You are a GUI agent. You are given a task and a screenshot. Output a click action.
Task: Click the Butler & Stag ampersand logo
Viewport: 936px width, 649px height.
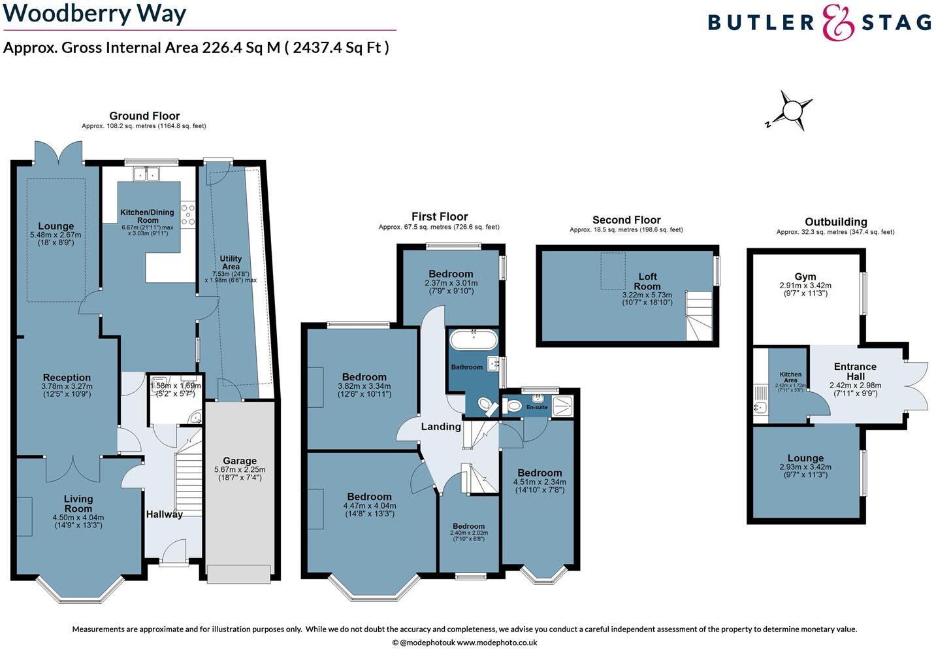click(x=838, y=23)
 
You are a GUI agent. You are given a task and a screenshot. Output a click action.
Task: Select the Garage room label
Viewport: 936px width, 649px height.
click(x=240, y=461)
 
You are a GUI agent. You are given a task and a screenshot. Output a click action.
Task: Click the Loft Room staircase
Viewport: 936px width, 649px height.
click(x=698, y=316)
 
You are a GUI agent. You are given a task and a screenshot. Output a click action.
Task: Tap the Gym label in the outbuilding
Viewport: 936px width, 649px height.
click(x=805, y=276)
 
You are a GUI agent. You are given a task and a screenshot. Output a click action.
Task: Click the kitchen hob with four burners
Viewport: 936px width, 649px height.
click(x=188, y=214)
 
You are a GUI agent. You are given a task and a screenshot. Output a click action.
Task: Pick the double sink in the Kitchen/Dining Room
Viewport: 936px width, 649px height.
click(x=147, y=174)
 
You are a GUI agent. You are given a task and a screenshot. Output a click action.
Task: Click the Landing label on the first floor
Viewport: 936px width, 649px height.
click(x=441, y=427)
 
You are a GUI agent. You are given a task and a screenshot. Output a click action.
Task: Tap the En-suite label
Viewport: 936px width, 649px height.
click(x=537, y=407)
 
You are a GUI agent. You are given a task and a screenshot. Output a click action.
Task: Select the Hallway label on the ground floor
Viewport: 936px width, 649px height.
click(x=165, y=514)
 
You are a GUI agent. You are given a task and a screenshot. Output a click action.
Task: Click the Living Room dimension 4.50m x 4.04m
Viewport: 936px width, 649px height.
click(x=78, y=518)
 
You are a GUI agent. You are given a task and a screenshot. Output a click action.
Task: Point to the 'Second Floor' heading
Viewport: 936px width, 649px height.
click(x=626, y=220)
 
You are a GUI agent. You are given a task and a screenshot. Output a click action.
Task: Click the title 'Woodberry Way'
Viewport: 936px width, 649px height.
click(x=95, y=13)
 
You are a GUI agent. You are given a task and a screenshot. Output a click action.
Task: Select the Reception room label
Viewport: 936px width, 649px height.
click(x=67, y=378)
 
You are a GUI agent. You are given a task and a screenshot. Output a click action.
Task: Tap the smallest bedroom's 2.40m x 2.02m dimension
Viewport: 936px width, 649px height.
click(x=469, y=533)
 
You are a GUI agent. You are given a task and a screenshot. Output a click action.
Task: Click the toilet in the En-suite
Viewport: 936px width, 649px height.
click(x=513, y=406)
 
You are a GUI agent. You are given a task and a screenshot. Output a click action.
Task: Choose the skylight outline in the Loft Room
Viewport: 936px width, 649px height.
click(x=613, y=271)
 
